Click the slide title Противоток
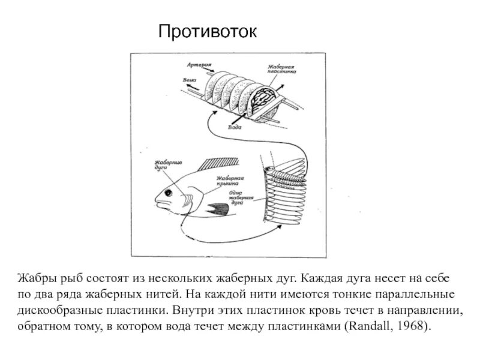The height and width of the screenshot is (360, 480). click(x=207, y=31)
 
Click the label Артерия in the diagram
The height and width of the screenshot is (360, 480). click(x=197, y=63)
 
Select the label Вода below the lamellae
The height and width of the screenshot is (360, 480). click(x=235, y=128)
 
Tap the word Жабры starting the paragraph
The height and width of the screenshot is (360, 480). click(x=35, y=280)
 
